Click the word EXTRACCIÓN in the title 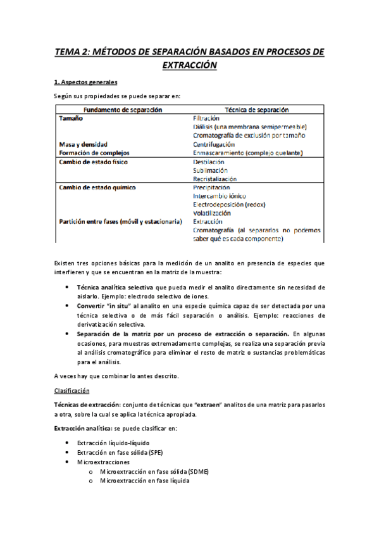[189, 65]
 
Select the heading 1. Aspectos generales [85, 82]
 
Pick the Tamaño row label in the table [70, 118]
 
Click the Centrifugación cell [213, 144]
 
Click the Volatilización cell [213, 213]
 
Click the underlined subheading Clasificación [72, 391]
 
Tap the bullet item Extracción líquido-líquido [113, 443]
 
